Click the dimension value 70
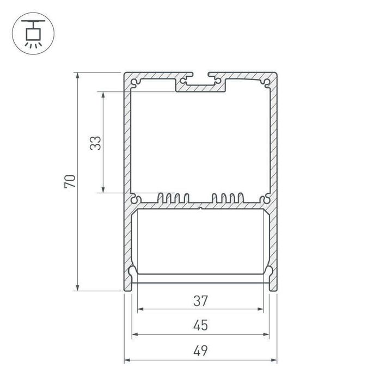(x=70, y=181)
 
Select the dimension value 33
(x=95, y=143)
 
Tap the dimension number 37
(x=200, y=300)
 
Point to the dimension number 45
(x=200, y=326)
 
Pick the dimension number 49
(x=200, y=351)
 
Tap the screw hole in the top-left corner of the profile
(x=134, y=82)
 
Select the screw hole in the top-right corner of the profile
(x=266, y=82)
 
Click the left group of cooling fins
(x=173, y=199)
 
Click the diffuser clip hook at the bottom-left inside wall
(x=132, y=272)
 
